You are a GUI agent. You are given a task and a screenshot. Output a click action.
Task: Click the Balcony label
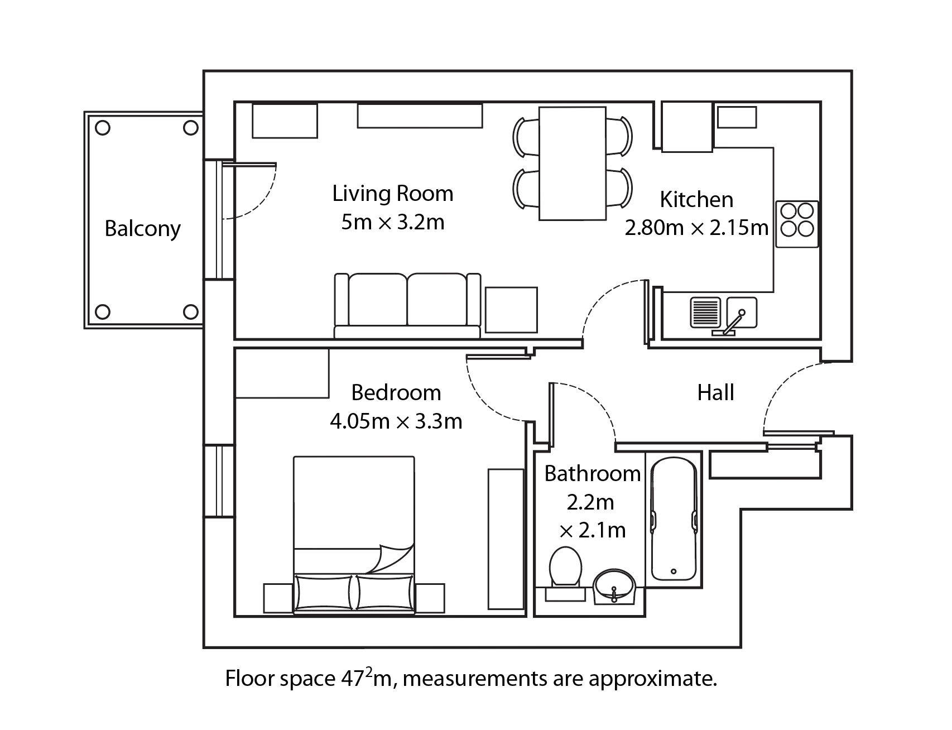[143, 229]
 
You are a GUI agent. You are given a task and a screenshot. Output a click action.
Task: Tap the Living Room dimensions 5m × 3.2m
[393, 223]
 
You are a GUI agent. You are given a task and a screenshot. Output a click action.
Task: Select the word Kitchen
[696, 199]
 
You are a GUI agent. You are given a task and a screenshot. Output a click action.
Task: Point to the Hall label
[715, 393]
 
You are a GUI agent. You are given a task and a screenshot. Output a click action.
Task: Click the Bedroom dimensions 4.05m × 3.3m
[396, 421]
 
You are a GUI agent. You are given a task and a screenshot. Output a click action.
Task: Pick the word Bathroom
[592, 474]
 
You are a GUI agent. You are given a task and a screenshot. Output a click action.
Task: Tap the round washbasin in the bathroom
[614, 586]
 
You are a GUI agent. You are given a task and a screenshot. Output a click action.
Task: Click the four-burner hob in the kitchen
[797, 224]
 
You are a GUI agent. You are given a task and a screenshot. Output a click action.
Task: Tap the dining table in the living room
[573, 164]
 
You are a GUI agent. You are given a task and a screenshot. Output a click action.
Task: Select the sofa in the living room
[407, 306]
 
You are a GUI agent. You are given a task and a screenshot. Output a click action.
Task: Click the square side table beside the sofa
[511, 310]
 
